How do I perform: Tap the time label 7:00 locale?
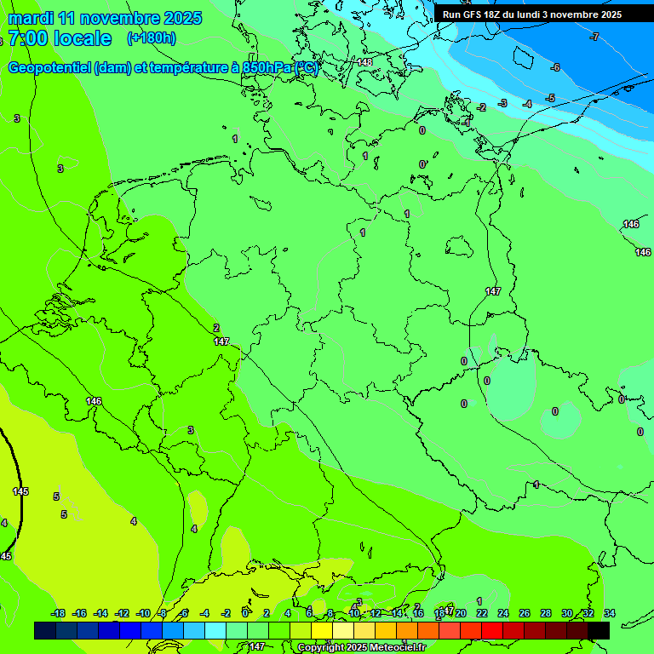(60, 38)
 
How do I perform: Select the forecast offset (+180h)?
(152, 37)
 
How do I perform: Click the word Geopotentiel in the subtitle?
(49, 68)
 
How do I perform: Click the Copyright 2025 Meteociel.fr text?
(361, 647)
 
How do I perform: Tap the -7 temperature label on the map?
(594, 37)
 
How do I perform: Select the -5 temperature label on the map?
(550, 98)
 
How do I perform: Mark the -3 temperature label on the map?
(502, 103)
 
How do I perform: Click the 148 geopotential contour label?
(364, 62)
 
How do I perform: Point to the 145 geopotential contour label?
(20, 491)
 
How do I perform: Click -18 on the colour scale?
(58, 613)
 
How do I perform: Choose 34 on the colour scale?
(609, 613)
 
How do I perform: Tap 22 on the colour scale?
(482, 613)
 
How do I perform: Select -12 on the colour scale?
(122, 613)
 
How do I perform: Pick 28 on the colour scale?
(546, 613)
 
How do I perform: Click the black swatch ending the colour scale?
(599, 630)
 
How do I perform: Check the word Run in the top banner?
(452, 14)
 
